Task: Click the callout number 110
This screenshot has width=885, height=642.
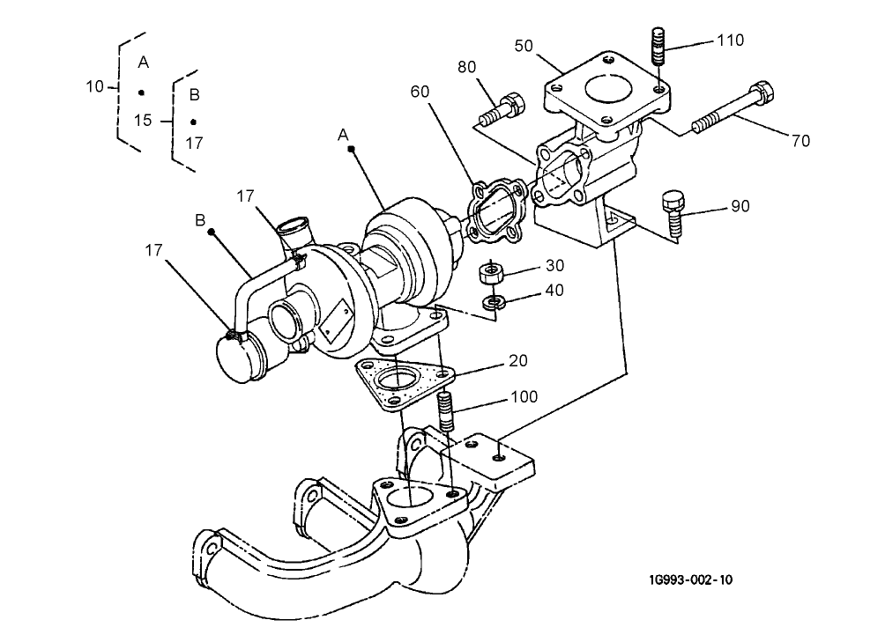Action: [x=730, y=41]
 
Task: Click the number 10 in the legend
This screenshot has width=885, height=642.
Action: [x=95, y=86]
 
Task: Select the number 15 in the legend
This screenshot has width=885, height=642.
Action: [x=143, y=120]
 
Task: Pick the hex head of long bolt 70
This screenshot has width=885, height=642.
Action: [x=761, y=93]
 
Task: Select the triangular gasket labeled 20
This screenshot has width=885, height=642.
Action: [x=398, y=384]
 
